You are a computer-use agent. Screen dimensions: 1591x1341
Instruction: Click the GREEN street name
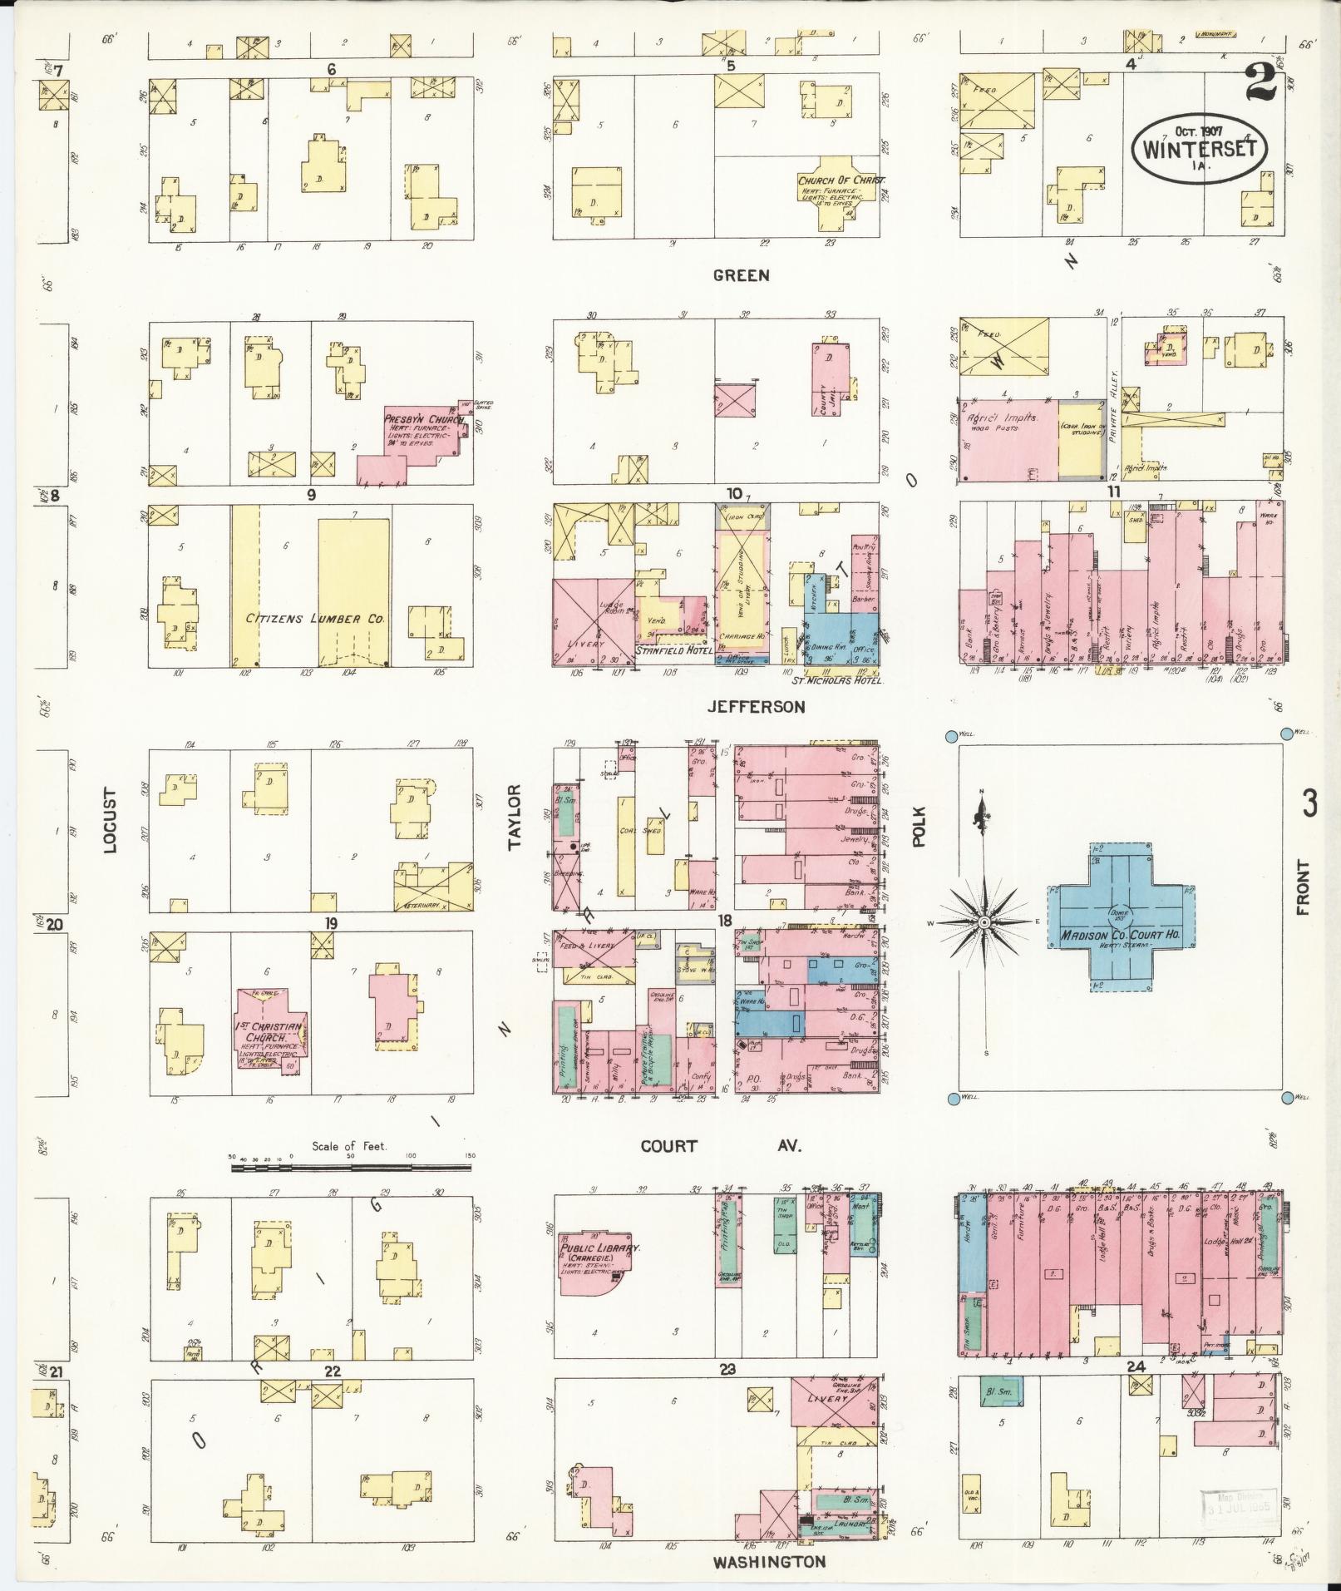click(741, 275)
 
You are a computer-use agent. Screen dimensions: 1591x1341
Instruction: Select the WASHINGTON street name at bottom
click(769, 1562)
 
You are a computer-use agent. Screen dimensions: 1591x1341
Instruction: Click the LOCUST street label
click(111, 821)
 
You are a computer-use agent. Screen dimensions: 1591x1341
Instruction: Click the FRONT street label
click(1302, 887)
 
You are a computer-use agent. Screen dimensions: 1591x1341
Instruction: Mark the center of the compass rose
click(985, 923)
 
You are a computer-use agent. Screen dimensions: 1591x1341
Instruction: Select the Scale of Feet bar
click(352, 1168)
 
